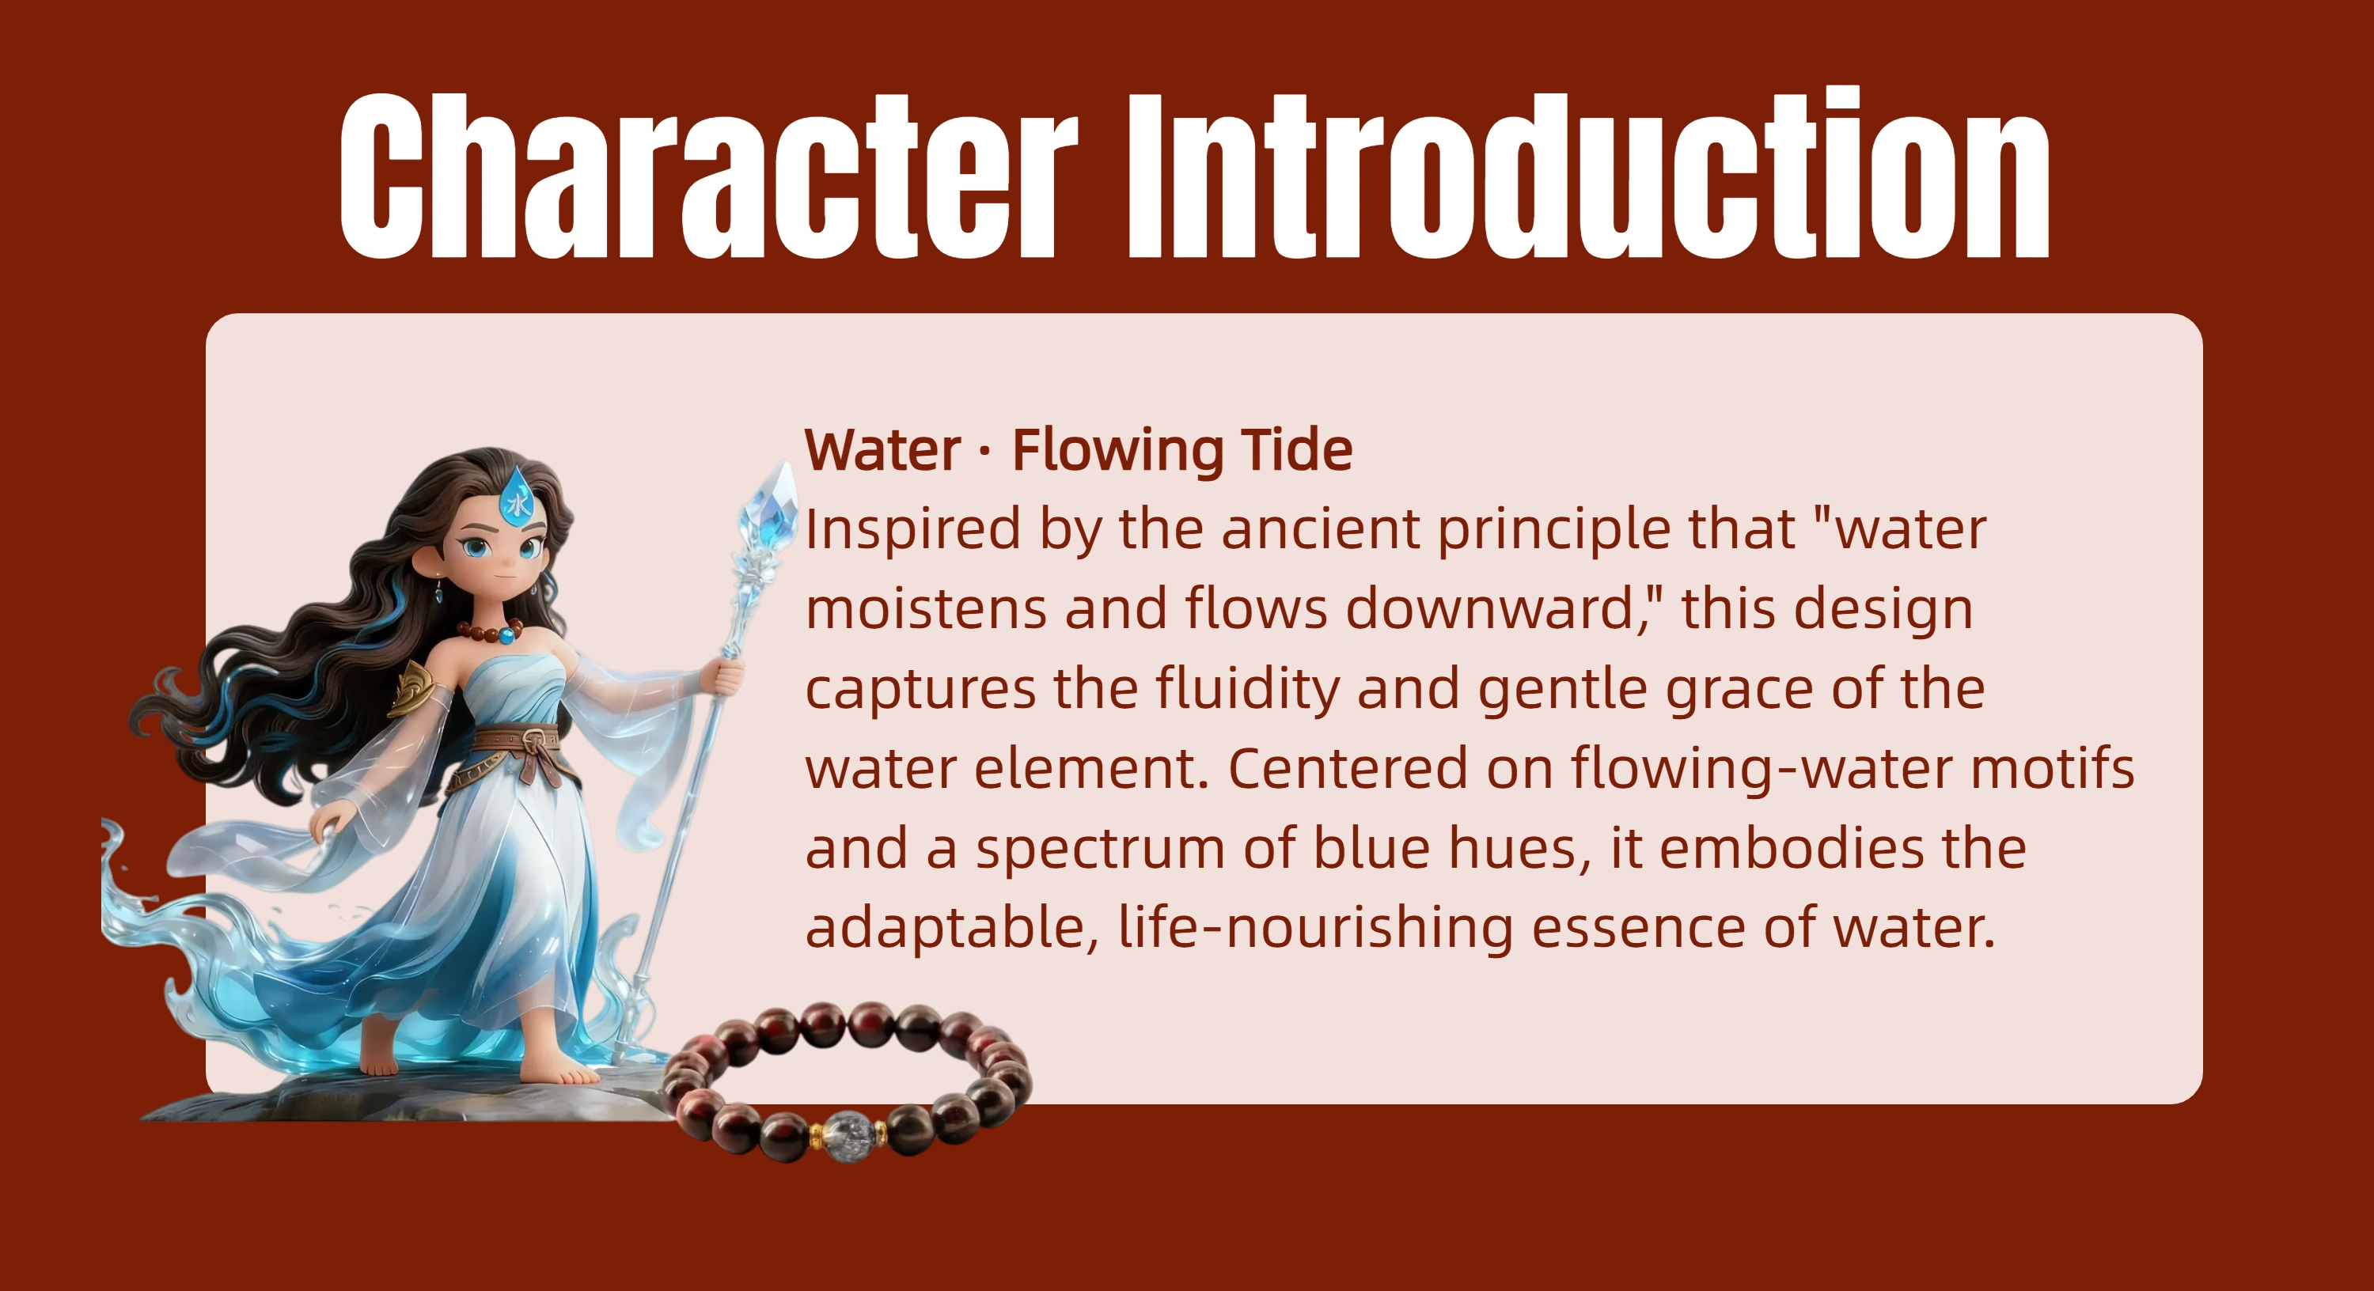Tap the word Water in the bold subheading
coord(883,451)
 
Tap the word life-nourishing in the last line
coord(1315,928)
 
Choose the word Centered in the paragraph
coord(1346,770)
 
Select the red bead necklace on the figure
coord(491,632)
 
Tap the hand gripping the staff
coord(723,678)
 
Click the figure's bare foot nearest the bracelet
coord(562,1069)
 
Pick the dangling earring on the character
coord(438,590)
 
